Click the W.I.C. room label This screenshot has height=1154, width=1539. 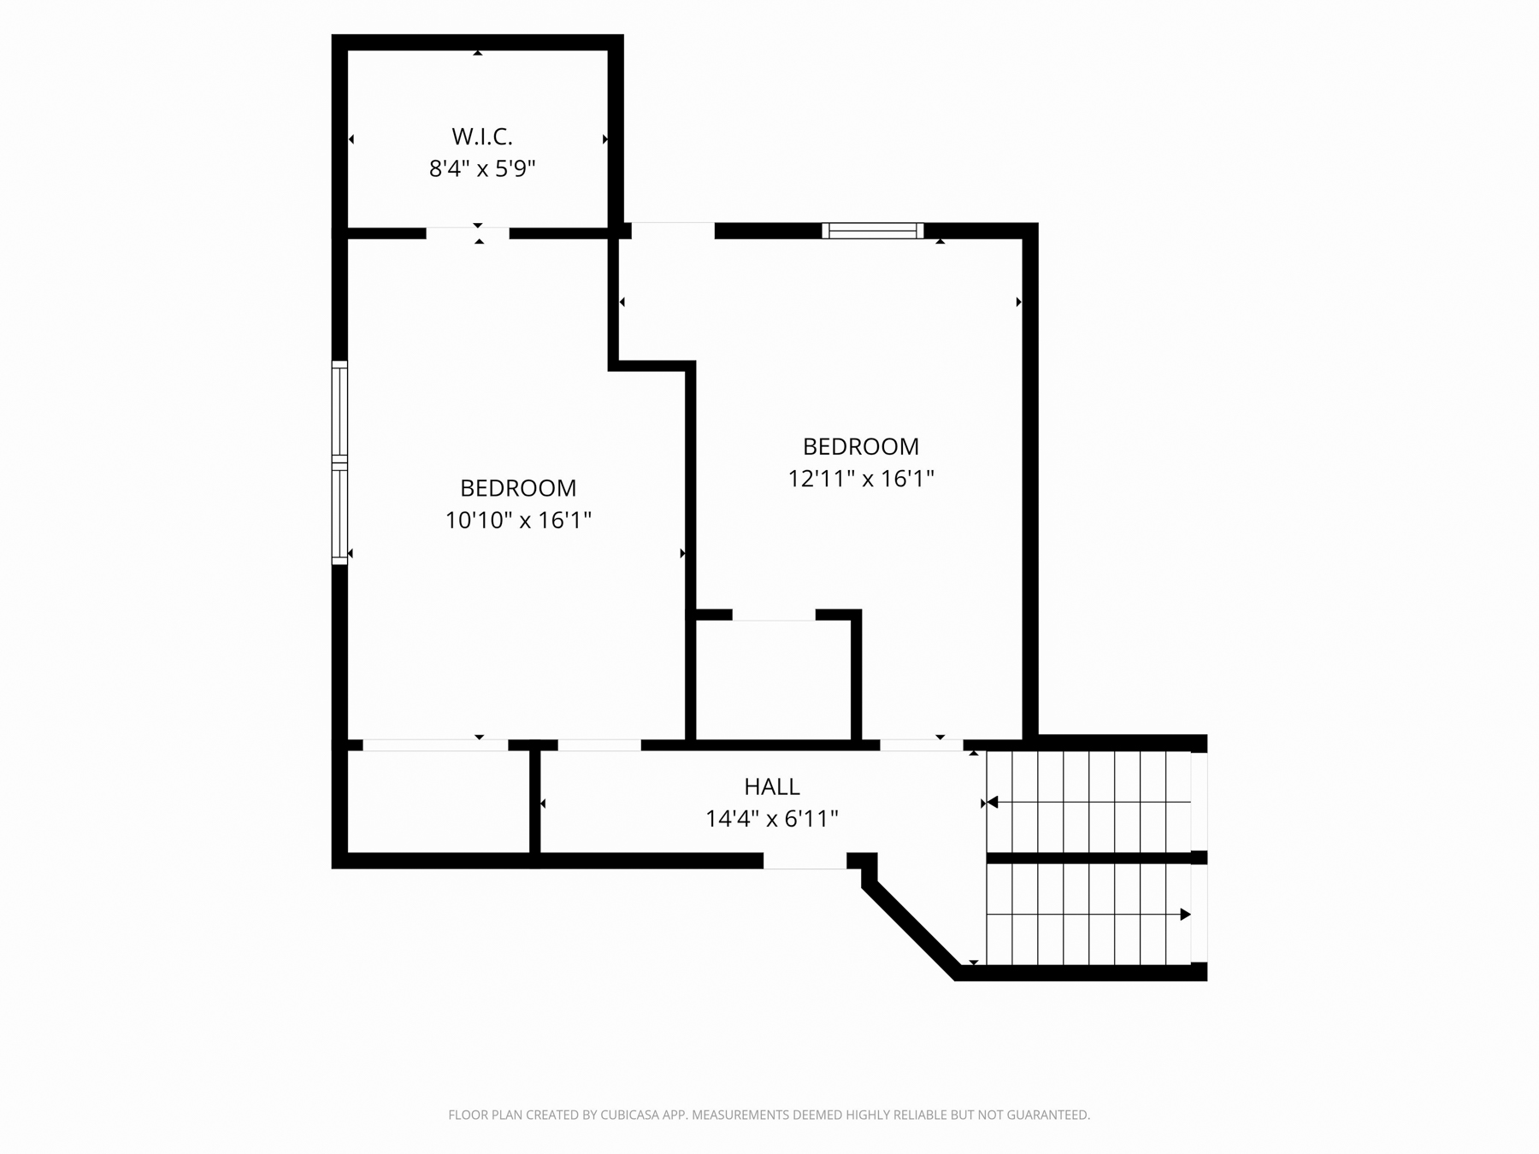point(482,136)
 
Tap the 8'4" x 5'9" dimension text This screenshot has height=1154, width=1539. point(482,168)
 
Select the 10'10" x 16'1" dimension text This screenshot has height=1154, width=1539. point(518,520)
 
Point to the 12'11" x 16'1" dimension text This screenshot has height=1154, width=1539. point(861,479)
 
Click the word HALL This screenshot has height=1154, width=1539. point(772,786)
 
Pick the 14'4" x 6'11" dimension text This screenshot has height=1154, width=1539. point(772,819)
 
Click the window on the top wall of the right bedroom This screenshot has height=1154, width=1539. point(873,231)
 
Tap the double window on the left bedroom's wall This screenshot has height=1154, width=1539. point(339,462)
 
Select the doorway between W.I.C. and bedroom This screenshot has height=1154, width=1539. point(468,233)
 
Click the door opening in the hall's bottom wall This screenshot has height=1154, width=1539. point(805,862)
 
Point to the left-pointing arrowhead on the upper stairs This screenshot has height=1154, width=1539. point(993,803)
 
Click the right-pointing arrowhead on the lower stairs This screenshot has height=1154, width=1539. point(1185,915)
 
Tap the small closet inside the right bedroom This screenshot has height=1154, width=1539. point(773,680)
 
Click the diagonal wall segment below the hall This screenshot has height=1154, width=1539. point(911,930)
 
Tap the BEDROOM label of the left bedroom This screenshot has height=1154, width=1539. point(518,488)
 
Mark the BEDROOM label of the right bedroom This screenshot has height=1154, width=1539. point(861,446)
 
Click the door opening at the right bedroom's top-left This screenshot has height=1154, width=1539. point(673,231)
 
